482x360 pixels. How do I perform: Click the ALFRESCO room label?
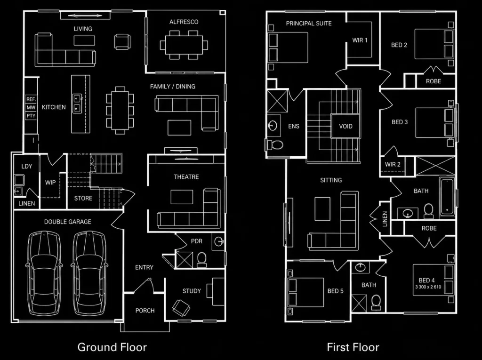[x=184, y=22]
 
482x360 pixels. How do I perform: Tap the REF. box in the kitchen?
[x=31, y=99]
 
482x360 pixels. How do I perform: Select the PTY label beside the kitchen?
[x=31, y=116]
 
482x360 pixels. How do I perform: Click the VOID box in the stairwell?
[x=345, y=126]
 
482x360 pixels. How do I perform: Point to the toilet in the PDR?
[x=201, y=259]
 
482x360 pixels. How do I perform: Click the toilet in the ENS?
[x=275, y=145]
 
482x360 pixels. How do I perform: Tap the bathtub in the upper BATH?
[x=447, y=196]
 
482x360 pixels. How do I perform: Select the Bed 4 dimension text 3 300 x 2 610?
[x=428, y=287]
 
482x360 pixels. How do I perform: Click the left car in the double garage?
[x=44, y=273]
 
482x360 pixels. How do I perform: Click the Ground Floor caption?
[x=112, y=347]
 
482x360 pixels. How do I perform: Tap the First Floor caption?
[x=353, y=347]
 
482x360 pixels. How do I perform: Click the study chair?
[x=181, y=307]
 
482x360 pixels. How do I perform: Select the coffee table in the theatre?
[x=182, y=197]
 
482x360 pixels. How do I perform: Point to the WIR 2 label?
[x=393, y=165]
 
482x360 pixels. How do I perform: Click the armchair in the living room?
[x=122, y=41]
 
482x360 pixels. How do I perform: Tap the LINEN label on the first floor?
[x=385, y=218]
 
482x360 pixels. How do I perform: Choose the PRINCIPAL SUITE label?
[x=309, y=24]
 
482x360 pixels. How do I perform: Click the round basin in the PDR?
[x=219, y=241]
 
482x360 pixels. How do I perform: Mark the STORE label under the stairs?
[x=83, y=198]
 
